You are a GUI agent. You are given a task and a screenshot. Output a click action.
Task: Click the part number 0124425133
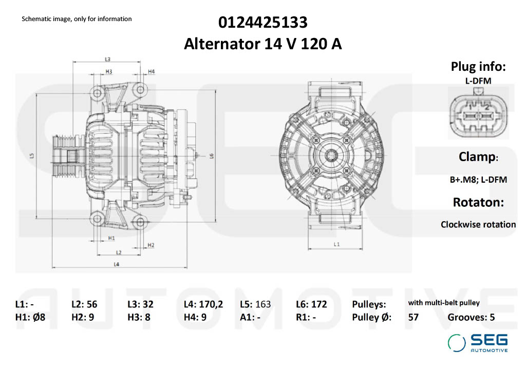(x=263, y=23)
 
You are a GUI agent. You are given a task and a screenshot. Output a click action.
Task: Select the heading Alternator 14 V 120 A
(x=263, y=45)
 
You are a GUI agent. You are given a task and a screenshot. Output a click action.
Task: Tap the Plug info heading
(x=478, y=67)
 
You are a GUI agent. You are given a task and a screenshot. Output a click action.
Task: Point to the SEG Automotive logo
(x=478, y=343)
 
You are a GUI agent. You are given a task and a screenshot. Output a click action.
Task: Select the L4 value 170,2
(x=211, y=304)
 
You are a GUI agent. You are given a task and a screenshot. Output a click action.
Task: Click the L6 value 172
(x=319, y=304)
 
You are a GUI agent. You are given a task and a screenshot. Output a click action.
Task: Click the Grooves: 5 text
(x=471, y=317)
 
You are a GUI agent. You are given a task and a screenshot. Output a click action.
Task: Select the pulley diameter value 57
(x=414, y=317)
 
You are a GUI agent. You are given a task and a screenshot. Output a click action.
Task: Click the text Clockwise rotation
(x=478, y=224)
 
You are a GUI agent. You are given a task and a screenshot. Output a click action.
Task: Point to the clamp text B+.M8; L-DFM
(x=478, y=180)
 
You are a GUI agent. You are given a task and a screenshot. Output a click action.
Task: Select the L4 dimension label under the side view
(x=117, y=264)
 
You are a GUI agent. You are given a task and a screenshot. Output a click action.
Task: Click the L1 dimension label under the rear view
(x=336, y=244)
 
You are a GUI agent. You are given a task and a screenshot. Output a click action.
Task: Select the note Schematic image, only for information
(x=77, y=19)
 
